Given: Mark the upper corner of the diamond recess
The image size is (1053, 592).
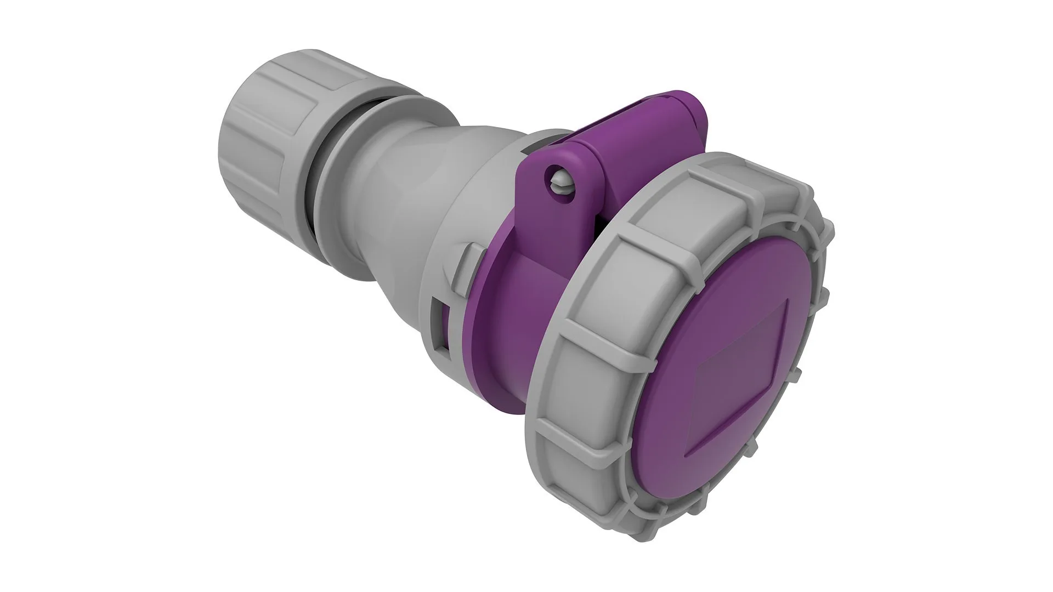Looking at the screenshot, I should click(788, 301).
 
